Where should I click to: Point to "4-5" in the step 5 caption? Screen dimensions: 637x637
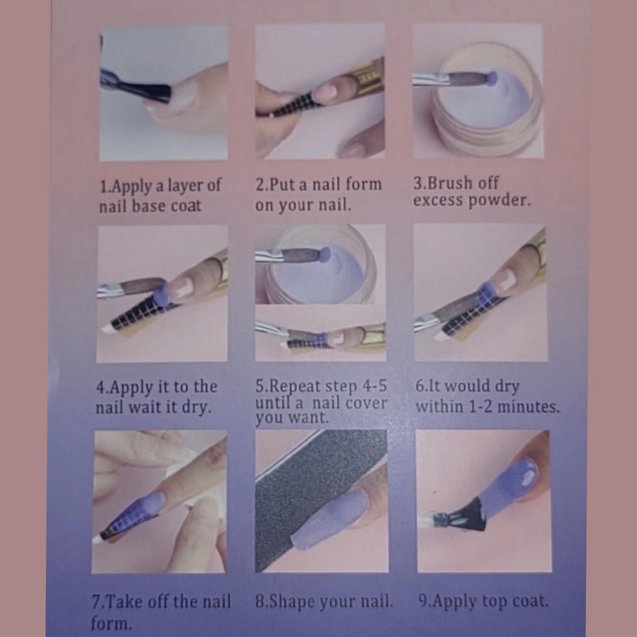(x=374, y=386)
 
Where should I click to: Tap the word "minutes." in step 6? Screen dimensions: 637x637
(x=528, y=406)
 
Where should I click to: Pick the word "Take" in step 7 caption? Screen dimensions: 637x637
(x=124, y=602)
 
